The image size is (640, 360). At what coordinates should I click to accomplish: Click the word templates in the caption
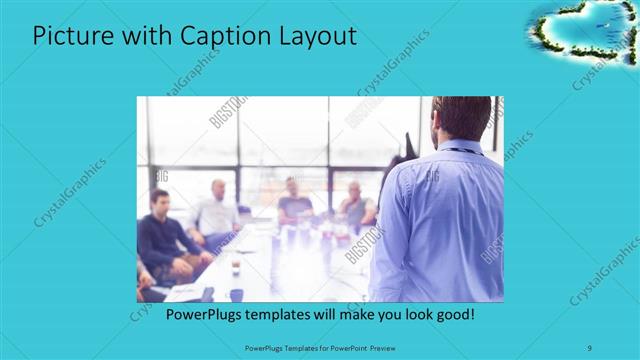pyautogui.click(x=288, y=314)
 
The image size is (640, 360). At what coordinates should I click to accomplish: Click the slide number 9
pyautogui.click(x=589, y=349)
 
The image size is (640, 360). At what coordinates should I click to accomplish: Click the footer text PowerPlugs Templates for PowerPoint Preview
pyautogui.click(x=319, y=349)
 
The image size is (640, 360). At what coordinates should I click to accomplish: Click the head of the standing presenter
pyautogui.click(x=462, y=118)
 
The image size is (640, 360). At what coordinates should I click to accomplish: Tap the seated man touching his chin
pyautogui.click(x=356, y=206)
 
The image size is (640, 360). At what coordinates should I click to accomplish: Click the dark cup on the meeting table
pyautogui.click(x=236, y=294)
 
